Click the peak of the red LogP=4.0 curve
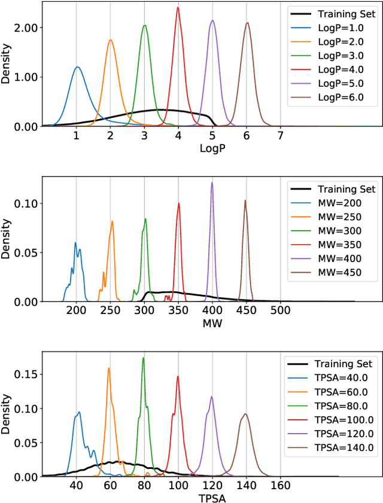178,8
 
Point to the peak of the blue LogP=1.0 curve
77,67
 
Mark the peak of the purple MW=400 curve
212,183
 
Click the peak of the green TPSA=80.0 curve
143,358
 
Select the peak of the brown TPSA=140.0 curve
245,413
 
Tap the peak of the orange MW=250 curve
112,221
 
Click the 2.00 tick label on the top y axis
25,28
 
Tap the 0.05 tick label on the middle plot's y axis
25,252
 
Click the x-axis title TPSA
212,498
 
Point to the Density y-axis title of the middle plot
7,239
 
